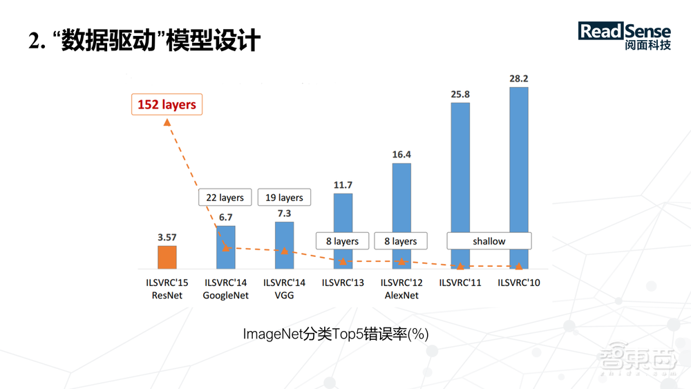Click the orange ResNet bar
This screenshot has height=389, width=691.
point(167,257)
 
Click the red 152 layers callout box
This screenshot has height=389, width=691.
point(167,105)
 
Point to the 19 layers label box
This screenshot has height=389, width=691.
point(284,198)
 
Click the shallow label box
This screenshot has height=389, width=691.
point(489,241)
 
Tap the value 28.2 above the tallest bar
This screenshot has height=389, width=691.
point(519,79)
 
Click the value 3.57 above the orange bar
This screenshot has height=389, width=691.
point(167,238)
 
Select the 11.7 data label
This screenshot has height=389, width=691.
point(343,185)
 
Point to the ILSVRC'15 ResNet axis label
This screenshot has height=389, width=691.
point(167,289)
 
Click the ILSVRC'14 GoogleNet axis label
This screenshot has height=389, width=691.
point(226,289)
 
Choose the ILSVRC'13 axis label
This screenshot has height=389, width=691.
point(343,283)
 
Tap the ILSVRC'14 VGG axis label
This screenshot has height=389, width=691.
point(284,289)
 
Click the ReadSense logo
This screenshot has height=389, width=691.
point(625,38)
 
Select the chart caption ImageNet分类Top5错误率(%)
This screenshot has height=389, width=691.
point(336,334)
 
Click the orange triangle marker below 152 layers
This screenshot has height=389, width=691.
point(167,122)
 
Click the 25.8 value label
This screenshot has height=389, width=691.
point(460,94)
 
